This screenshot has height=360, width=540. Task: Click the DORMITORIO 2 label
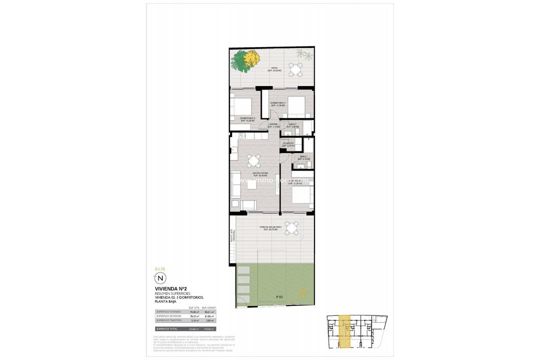pyautogui.click(x=278, y=104)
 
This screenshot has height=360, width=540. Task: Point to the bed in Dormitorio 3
pyautogui.click(x=241, y=107)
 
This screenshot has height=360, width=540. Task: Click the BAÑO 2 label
pyautogui.click(x=292, y=125)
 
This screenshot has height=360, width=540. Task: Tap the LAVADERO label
pyautogui.click(x=288, y=144)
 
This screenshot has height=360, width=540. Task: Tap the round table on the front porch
pyautogui.click(x=291, y=228)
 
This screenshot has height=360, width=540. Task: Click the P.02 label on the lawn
pyautogui.click(x=278, y=297)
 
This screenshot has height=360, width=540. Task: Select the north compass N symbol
pyautogui.click(x=160, y=278)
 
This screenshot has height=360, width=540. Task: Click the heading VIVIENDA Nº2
pyautogui.click(x=171, y=288)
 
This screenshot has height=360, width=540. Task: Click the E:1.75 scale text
pyautogui.click(x=160, y=269)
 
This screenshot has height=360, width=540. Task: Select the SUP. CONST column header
pyautogui.click(x=208, y=308)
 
